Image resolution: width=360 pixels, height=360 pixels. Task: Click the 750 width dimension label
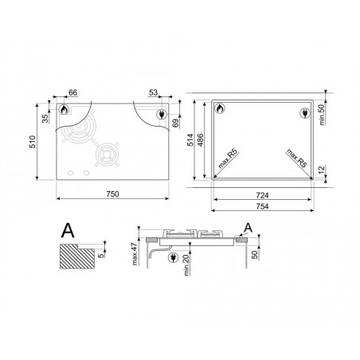(x=112, y=194)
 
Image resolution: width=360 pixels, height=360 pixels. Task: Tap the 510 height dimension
(x=33, y=142)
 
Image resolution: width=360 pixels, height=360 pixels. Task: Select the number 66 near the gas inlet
(x=72, y=92)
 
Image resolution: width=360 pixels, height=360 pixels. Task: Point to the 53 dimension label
(x=153, y=92)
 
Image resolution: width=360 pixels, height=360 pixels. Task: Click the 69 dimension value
(x=176, y=123)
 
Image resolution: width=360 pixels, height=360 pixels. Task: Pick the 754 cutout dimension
(x=262, y=206)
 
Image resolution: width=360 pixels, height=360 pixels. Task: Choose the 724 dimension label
(x=262, y=195)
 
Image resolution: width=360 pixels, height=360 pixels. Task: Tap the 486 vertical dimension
(x=201, y=140)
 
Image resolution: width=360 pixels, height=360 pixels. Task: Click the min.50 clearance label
(x=322, y=115)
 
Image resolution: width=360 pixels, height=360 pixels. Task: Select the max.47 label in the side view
(x=135, y=254)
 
